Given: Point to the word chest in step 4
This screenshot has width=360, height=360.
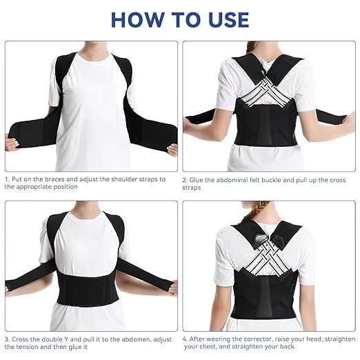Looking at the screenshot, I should pyautogui.click(x=204, y=347).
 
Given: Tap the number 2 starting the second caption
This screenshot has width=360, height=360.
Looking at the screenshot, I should pyautogui.click(x=185, y=179).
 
